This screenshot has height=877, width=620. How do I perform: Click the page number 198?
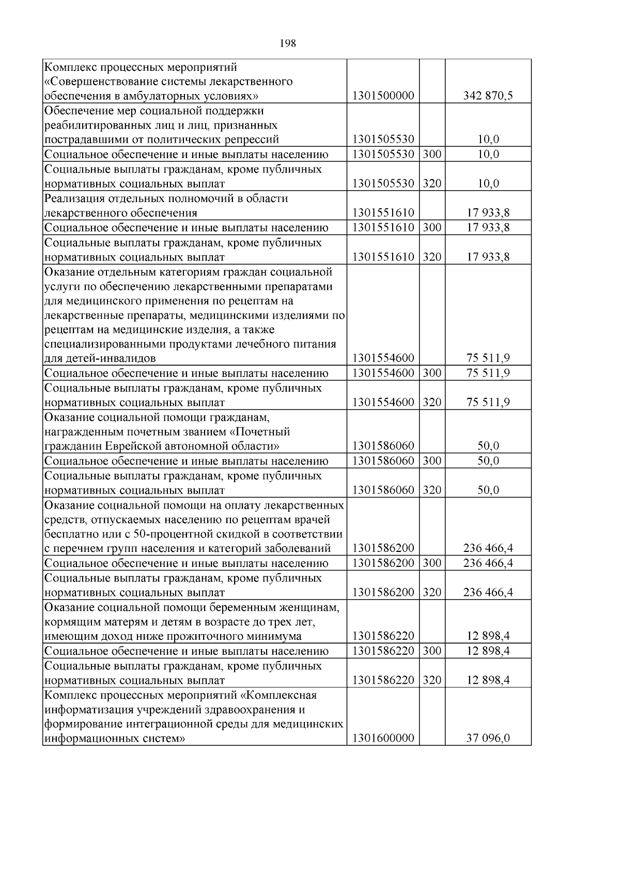(287, 44)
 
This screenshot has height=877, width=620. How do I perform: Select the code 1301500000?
(383, 96)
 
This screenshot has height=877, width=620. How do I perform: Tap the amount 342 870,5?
(488, 96)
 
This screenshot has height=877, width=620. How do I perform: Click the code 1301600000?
(383, 738)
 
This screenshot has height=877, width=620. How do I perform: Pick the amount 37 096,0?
(488, 738)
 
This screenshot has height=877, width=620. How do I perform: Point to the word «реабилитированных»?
(93, 125)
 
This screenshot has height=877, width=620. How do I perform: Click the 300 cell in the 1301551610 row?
(432, 228)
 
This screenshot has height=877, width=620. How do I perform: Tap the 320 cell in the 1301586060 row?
(432, 490)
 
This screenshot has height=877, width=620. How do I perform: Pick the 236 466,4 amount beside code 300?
(488, 563)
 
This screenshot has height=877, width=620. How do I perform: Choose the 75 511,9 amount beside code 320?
(488, 403)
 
